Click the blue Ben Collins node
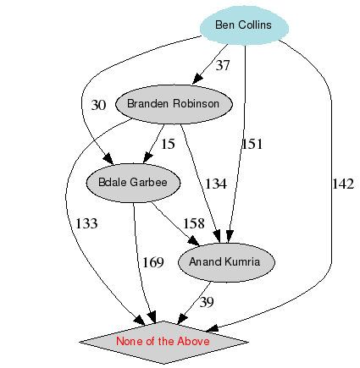pos(243,25)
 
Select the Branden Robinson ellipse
pos(173,104)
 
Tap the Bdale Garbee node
pos(133,182)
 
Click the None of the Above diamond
pos(163,341)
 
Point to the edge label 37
pos(223,65)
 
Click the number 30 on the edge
pos(99,105)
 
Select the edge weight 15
pos(168,144)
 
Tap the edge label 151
pos(253,143)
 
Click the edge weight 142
pos(342,184)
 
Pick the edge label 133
pos(86,223)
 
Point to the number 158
pos(195,223)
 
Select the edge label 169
pos(152,262)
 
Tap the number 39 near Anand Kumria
pos(207,302)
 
